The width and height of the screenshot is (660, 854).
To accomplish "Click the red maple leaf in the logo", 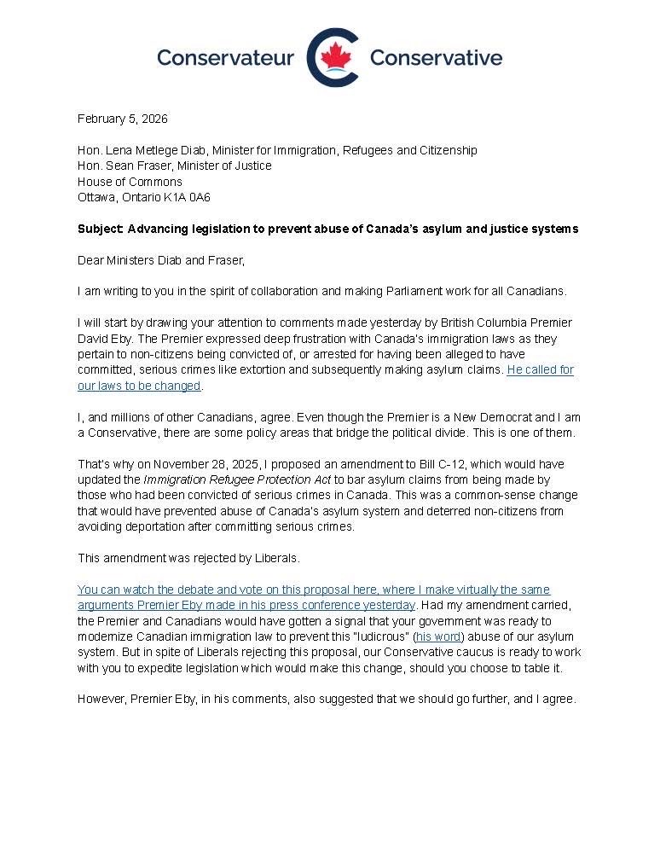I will (335, 57).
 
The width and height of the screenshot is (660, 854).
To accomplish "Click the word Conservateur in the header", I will (225, 58).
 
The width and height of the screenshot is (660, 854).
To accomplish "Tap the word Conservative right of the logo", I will (436, 58).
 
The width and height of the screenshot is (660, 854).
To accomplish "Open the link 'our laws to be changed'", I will (139, 386).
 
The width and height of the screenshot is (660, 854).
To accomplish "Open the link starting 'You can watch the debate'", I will (314, 590).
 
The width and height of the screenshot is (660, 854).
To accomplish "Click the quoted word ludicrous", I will (379, 636).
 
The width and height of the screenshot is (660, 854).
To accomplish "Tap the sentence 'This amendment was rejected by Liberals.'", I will (188, 558).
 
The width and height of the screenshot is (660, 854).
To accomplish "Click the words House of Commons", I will (130, 182).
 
